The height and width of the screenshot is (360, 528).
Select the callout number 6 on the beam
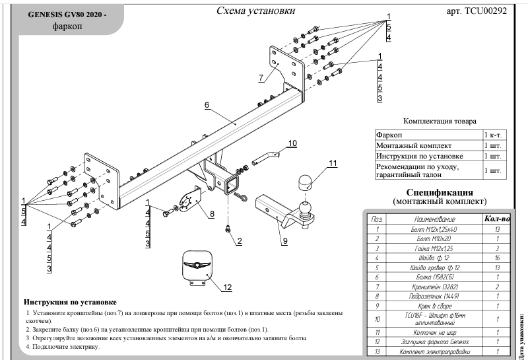click(x=207, y=105)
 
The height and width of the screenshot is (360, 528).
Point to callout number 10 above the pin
click(x=292, y=143)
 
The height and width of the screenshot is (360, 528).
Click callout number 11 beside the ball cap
click(x=333, y=162)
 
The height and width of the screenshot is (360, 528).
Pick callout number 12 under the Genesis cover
click(x=228, y=287)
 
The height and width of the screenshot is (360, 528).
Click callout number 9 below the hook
click(x=285, y=241)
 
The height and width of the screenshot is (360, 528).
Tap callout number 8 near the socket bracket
click(x=212, y=213)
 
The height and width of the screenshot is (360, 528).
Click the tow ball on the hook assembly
click(x=306, y=208)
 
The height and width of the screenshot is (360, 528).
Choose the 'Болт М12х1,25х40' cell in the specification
click(x=432, y=228)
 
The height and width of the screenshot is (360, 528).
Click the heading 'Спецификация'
click(x=439, y=190)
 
